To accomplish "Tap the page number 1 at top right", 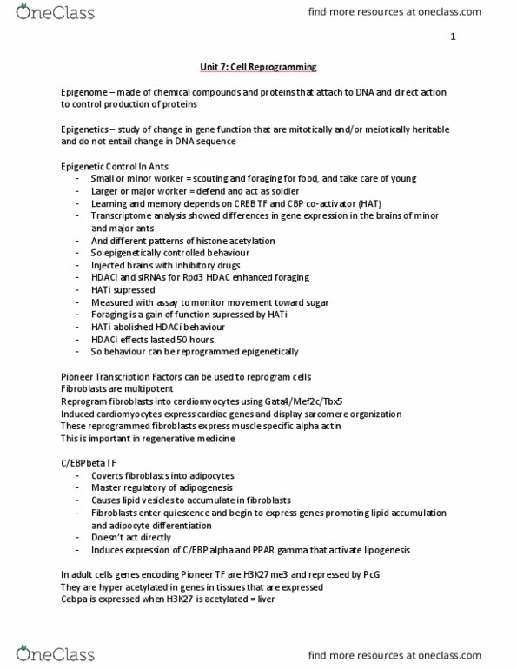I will pyautogui.click(x=453, y=37).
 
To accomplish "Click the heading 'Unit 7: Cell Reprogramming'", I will pyautogui.click(x=258, y=67).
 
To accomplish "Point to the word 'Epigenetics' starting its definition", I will pyautogui.click(x=84, y=129).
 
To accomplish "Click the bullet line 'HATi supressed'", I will pyautogui.click(x=121, y=289).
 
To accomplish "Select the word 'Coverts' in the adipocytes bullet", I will pyautogui.click(x=108, y=476).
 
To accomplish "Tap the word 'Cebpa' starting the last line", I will pyautogui.click(x=76, y=599).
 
